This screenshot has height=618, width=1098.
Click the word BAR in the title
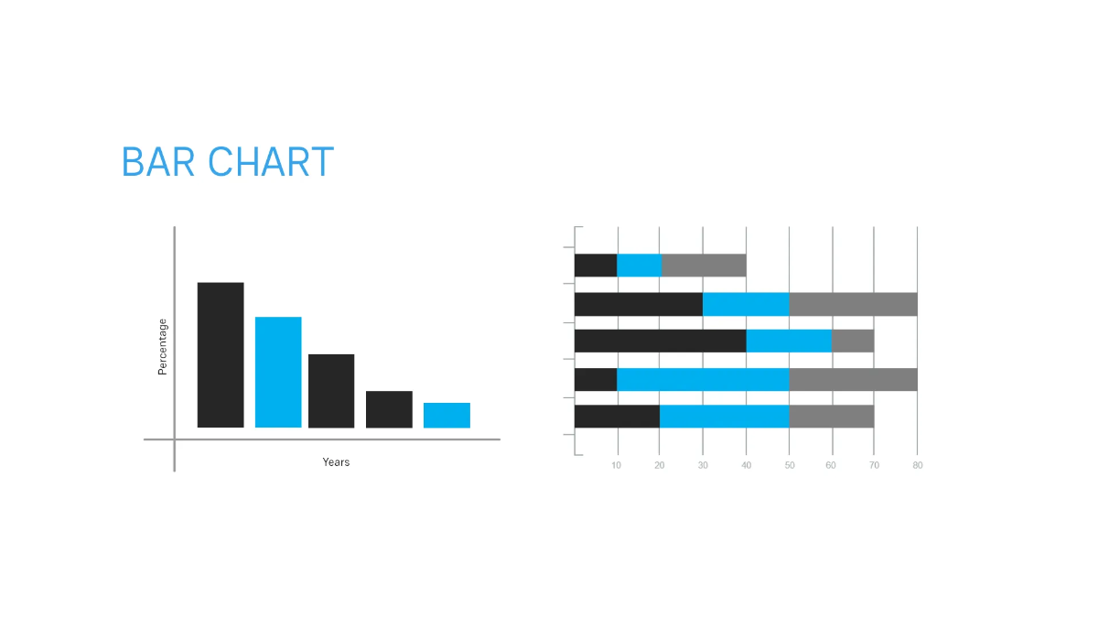[x=157, y=162]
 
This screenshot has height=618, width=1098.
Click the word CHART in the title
[x=271, y=162]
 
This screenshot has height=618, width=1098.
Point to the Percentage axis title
[x=162, y=347]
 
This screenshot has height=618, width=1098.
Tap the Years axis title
[x=336, y=462]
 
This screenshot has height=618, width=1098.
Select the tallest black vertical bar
[x=221, y=355]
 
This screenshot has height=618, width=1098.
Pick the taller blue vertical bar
[x=278, y=373]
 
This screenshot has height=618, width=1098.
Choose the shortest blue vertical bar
[x=447, y=416]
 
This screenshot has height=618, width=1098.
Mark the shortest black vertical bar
[x=389, y=409]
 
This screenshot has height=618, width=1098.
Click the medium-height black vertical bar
[x=331, y=391]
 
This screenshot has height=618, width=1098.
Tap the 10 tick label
[x=616, y=465]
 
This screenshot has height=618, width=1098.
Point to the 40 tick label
[x=746, y=465]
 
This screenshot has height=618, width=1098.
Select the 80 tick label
[x=918, y=465]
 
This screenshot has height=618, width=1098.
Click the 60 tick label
[x=831, y=465]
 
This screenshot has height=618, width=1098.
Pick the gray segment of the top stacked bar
[x=704, y=266]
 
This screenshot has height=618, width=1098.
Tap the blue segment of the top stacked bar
[x=640, y=266]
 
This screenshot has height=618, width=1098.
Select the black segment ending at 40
[x=661, y=341]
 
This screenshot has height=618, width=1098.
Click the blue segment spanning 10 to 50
[x=703, y=379]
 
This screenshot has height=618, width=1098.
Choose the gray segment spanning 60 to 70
[x=853, y=341]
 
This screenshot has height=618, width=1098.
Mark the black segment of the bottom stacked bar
[x=617, y=417]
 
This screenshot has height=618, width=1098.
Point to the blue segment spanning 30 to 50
[x=746, y=304]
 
